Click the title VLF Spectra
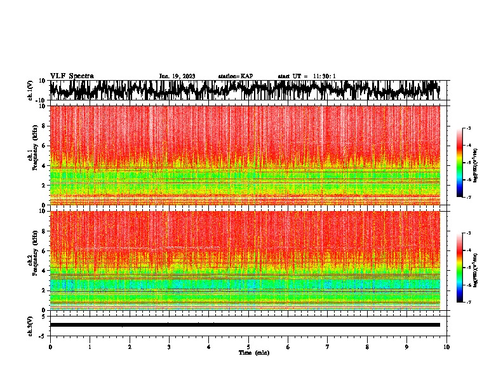click(x=72, y=76)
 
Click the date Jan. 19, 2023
click(x=177, y=76)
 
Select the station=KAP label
click(x=236, y=76)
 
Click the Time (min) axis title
click(x=253, y=352)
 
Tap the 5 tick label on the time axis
click(x=249, y=346)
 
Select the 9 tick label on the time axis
click(x=407, y=346)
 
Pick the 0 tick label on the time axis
click(x=50, y=346)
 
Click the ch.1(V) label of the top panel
click(x=30, y=90)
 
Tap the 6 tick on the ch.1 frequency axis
click(x=44, y=146)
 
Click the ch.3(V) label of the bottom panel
click(x=30, y=325)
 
